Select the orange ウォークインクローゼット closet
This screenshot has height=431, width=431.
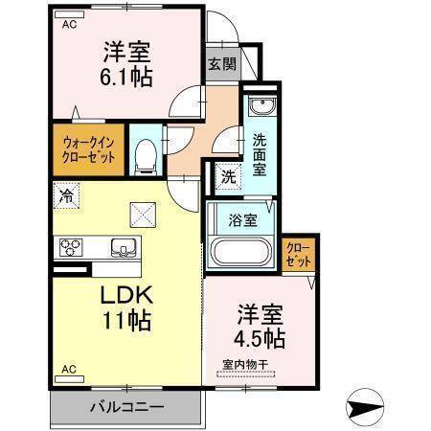(86, 149)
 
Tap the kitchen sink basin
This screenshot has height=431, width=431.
(124, 248)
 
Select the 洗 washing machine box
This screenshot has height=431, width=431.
(228, 177)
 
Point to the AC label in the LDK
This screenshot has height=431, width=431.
(68, 368)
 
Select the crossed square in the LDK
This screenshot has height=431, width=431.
(142, 214)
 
